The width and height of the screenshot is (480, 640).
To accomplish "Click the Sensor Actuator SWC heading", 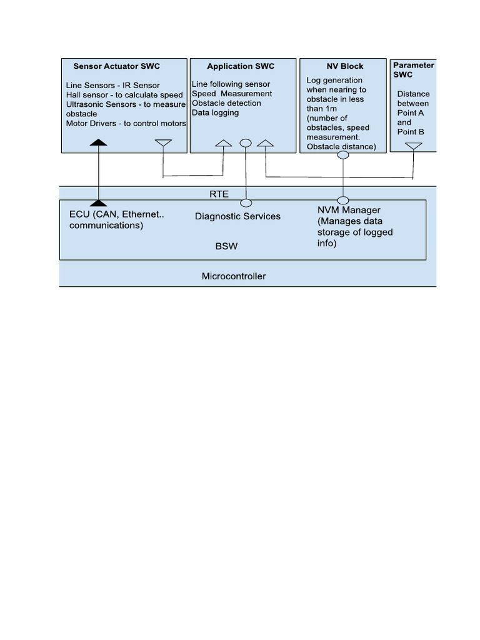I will [x=116, y=66].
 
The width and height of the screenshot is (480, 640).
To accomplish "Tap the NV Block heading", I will [x=344, y=66].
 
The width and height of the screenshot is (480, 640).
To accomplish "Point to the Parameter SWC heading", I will [x=413, y=69].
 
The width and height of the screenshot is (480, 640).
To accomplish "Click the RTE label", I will [x=219, y=194].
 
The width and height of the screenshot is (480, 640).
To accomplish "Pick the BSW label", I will [x=226, y=246].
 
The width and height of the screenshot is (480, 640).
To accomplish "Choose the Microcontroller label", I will [x=234, y=276].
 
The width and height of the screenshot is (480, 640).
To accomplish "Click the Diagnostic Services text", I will [x=237, y=216].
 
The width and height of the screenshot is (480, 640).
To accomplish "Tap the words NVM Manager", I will [x=349, y=210].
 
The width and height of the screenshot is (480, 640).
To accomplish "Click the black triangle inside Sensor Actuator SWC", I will [x=98, y=143].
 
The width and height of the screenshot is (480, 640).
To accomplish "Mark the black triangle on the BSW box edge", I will [x=98, y=202].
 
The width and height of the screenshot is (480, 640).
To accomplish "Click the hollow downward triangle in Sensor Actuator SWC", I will [x=162, y=144].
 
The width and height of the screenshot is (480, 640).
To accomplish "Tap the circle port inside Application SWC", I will [x=246, y=143].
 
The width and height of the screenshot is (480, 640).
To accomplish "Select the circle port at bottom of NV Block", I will [x=343, y=155].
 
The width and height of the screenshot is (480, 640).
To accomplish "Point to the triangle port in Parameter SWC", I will [x=413, y=146].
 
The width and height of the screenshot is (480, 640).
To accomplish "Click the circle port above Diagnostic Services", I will [x=246, y=202].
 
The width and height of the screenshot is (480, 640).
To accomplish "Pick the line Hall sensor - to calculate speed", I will [x=124, y=95].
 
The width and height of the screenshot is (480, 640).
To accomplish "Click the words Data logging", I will [x=215, y=113].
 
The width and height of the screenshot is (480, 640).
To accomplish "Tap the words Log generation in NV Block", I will [x=334, y=80].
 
